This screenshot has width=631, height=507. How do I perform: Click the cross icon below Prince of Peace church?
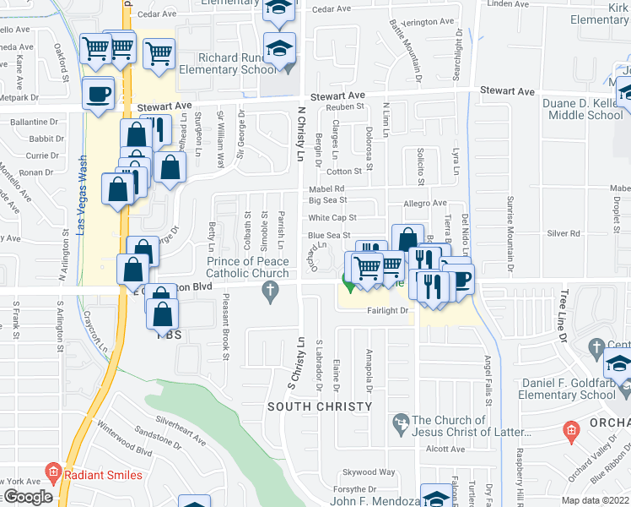click(x=270, y=293)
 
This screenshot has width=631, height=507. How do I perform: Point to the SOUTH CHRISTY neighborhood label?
click(x=320, y=406)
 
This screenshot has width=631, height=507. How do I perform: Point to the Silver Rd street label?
click(x=564, y=232)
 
